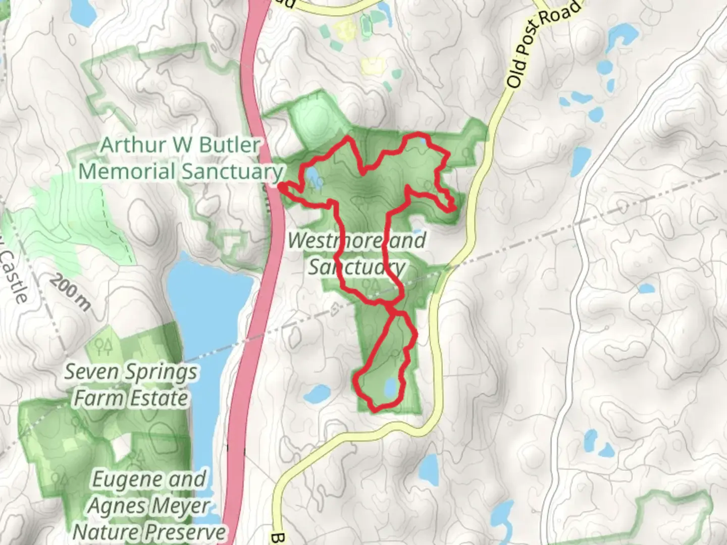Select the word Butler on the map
230,145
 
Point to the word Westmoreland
356,241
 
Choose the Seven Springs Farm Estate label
130,386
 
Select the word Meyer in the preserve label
180,506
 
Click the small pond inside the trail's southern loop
390,388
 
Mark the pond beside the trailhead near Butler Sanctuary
311,176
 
